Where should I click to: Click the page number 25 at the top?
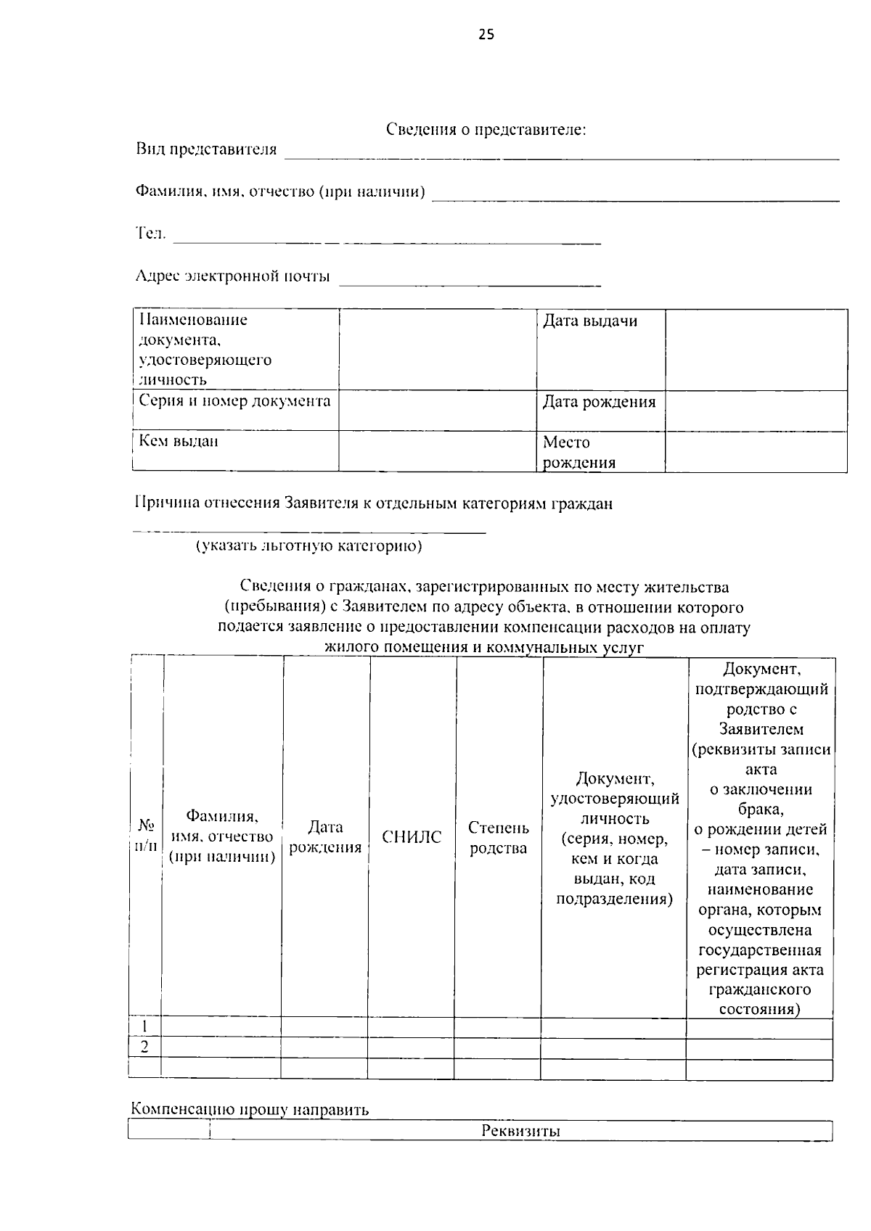point(486,34)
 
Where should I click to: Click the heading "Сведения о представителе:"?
point(485,130)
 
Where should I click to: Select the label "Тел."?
point(151,234)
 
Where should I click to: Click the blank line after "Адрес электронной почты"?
point(470,280)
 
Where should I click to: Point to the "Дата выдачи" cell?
point(590,321)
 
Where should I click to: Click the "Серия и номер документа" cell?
point(234,401)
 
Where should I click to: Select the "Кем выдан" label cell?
point(179,441)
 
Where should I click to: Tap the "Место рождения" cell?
point(578,452)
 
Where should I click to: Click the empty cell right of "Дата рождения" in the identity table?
point(756,410)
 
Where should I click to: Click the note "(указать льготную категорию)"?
point(308,546)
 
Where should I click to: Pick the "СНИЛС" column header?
point(412,837)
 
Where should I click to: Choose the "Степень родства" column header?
point(498,837)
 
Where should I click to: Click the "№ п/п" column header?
point(146,836)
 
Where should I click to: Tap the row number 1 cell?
point(145,1026)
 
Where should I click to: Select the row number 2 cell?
point(145,1047)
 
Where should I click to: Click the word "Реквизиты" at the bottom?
point(520,1131)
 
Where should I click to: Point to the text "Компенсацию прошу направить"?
point(250,1109)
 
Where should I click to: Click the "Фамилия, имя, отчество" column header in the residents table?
point(222,836)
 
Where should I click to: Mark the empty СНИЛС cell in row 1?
point(411,1027)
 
